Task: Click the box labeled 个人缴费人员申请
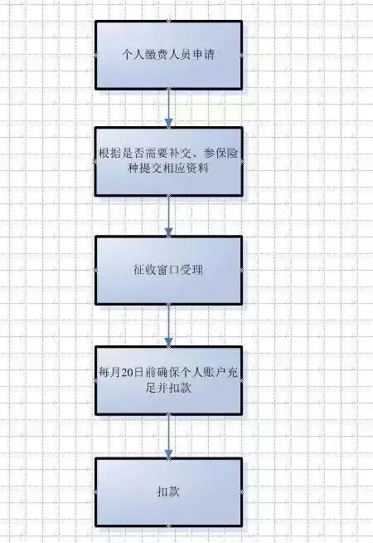click(169, 55)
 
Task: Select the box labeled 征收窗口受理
click(169, 270)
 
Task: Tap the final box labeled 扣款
click(169, 492)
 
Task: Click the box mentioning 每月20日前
click(169, 380)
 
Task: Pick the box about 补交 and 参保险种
click(169, 161)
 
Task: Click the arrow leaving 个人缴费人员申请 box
click(169, 109)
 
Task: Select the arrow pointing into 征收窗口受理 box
click(169, 216)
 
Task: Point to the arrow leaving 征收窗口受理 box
click(169, 325)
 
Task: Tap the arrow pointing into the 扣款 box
click(169, 437)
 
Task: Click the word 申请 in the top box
click(203, 54)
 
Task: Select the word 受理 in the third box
click(191, 270)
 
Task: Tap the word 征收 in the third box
click(145, 270)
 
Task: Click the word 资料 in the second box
click(197, 169)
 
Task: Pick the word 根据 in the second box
click(110, 153)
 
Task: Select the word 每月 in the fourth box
click(110, 373)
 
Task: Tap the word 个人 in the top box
click(133, 54)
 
